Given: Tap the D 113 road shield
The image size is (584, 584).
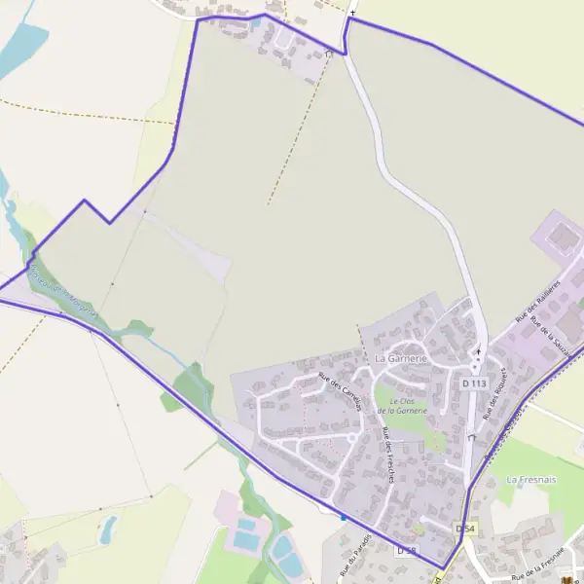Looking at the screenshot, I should (474, 383).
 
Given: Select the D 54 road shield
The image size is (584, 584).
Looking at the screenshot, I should (465, 529).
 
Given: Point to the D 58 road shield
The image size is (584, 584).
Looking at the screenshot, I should (406, 551).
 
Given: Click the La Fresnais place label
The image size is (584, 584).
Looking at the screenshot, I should (530, 480).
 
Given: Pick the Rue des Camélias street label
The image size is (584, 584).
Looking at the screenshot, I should (340, 390).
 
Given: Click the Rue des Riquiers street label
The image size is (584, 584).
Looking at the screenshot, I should (495, 395).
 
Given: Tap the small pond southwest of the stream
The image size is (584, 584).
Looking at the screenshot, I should (107, 529).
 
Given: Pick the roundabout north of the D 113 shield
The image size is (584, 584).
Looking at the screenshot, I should (476, 366).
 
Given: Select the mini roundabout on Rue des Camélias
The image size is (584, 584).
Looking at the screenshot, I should (350, 439).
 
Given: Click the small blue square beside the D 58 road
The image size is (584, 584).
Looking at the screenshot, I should (343, 517).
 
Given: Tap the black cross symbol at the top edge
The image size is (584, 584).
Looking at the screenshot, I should (352, 13).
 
